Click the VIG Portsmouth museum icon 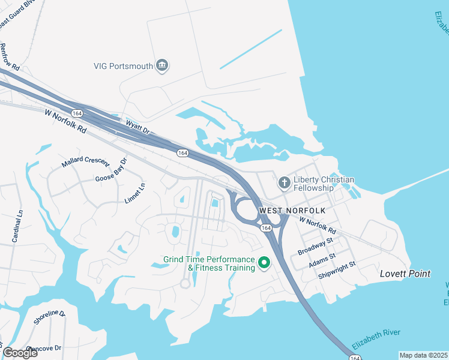161,65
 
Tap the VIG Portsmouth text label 124,66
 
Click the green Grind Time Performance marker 263,262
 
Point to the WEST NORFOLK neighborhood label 292,211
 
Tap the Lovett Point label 405,274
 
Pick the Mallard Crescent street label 85,162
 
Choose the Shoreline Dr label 49,318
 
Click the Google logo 20,352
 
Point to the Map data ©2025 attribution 423,355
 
